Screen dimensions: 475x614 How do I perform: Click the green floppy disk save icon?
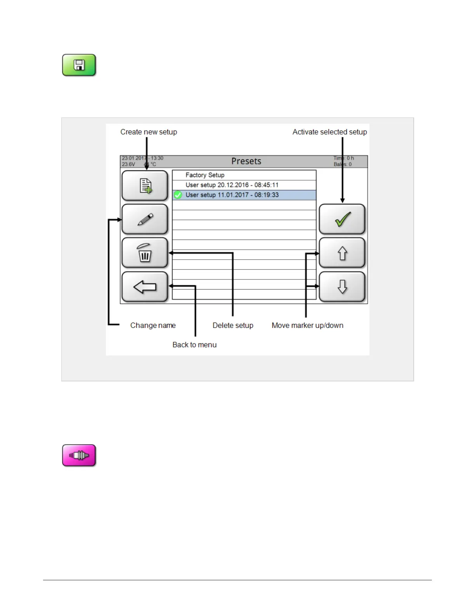point(79,65)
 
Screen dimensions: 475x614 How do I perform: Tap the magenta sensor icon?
point(79,455)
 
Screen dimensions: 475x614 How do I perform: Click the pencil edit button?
point(145,219)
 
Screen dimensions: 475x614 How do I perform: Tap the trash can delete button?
point(145,253)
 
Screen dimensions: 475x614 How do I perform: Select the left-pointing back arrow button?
point(145,287)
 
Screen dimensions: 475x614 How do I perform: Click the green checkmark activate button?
point(342,219)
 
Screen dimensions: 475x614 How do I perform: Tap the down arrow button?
point(342,287)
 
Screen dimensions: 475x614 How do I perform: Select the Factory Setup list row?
point(244,175)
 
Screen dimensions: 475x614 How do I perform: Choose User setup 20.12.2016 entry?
point(244,185)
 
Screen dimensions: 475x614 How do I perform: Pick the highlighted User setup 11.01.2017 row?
point(244,195)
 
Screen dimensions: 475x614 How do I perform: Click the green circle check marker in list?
point(178,195)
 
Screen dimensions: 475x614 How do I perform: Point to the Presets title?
point(246,161)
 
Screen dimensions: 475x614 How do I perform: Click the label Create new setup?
point(149,132)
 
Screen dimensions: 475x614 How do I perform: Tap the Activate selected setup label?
point(329,132)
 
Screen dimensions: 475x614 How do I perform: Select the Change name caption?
point(153,326)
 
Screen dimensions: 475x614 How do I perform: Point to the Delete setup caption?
point(233,326)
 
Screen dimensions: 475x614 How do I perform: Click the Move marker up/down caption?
point(307,326)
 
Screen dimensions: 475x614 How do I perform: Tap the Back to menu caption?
point(194,345)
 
